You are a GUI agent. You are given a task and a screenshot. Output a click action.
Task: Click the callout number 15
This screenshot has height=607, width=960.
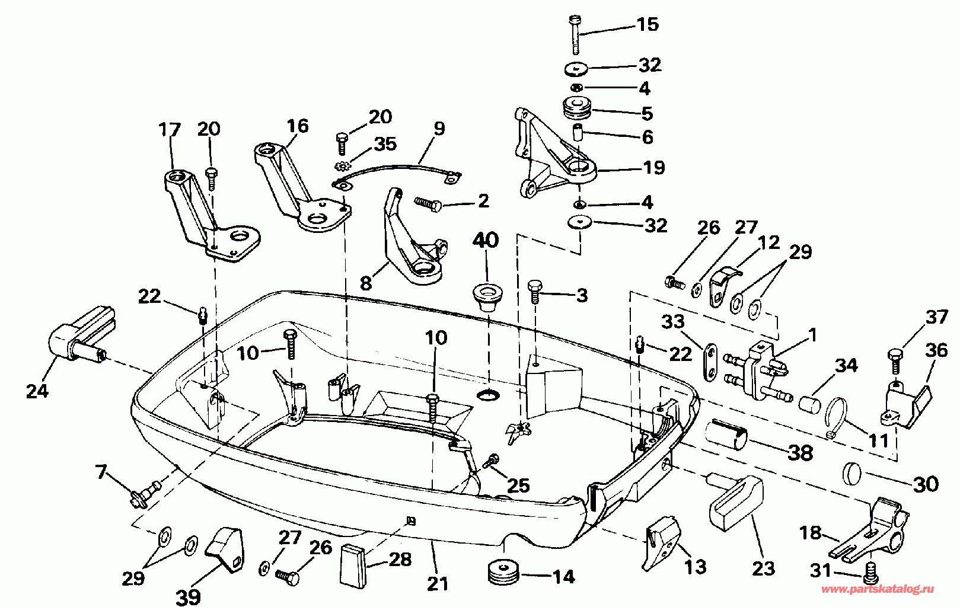(647, 24)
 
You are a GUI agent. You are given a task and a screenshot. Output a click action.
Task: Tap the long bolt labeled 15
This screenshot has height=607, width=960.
(575, 35)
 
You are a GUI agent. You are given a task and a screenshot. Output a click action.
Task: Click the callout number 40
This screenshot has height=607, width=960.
(486, 241)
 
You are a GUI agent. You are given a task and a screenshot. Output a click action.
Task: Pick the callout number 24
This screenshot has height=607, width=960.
(38, 391)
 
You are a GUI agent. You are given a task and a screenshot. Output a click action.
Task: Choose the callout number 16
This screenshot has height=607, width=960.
(298, 126)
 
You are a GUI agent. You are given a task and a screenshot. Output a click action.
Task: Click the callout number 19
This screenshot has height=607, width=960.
(653, 168)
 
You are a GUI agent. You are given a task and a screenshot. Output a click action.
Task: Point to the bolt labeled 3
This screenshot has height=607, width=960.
(535, 291)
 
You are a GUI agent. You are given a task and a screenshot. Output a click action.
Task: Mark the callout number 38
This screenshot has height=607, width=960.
(800, 453)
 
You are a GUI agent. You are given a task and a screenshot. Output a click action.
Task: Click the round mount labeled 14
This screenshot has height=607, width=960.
(503, 571)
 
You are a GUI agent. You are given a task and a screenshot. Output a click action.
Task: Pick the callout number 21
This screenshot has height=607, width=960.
(437, 583)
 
